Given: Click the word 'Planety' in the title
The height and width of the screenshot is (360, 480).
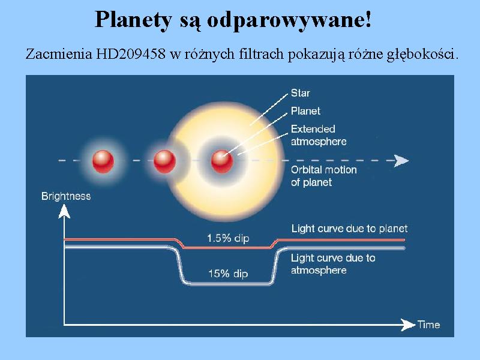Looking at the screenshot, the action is click(x=133, y=20).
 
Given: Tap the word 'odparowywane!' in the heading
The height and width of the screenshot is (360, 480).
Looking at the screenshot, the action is click(x=289, y=20).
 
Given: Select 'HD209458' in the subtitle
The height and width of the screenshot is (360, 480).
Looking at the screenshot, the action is click(x=131, y=54).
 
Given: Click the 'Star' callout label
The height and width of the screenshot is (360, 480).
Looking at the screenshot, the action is click(x=301, y=93).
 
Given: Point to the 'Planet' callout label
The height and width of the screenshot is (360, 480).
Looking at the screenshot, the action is click(x=305, y=111).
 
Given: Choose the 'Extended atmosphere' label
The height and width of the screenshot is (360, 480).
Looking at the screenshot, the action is click(x=319, y=135).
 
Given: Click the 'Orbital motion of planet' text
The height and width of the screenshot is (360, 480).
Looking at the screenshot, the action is click(x=323, y=176).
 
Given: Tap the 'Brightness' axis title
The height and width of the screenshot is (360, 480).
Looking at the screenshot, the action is click(x=66, y=196).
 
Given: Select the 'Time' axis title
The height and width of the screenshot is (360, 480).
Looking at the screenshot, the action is click(x=429, y=325).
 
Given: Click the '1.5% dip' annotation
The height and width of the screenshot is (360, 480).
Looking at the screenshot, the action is click(x=228, y=238).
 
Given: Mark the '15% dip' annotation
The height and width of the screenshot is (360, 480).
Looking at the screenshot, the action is click(x=228, y=274).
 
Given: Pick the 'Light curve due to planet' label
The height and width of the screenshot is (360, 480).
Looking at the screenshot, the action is click(x=349, y=229).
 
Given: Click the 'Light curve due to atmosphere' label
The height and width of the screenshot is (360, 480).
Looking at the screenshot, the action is click(x=333, y=264).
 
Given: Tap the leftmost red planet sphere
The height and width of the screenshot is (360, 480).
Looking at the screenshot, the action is click(x=103, y=161).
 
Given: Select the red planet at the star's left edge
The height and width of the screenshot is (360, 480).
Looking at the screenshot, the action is click(x=164, y=161).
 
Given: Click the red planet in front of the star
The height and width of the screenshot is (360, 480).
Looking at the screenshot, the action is click(x=222, y=161).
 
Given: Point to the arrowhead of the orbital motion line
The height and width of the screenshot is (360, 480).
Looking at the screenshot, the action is click(x=401, y=161).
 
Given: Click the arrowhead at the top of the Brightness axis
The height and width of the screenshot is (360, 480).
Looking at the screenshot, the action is click(x=64, y=212).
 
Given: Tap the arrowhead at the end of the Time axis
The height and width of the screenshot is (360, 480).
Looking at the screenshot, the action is click(x=408, y=325).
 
